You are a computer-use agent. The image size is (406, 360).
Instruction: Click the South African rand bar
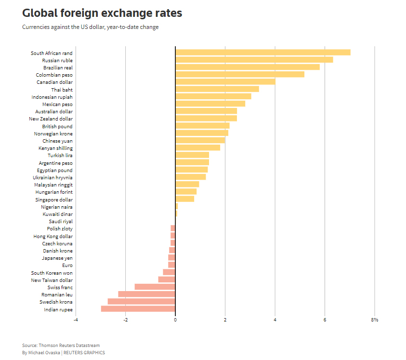click(x=263, y=53)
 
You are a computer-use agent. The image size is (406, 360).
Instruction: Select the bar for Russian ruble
click(x=254, y=60)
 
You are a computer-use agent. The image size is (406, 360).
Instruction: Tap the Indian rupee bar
click(x=138, y=309)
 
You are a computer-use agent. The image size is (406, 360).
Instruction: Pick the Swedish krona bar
click(x=142, y=302)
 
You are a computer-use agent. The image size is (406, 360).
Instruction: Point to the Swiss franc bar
click(x=155, y=287)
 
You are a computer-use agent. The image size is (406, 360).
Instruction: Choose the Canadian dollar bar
click(x=225, y=82)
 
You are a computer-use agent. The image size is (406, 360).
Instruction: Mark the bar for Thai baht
click(x=217, y=89)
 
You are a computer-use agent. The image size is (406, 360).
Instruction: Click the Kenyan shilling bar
click(x=198, y=148)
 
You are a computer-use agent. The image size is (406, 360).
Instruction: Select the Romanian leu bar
click(x=147, y=294)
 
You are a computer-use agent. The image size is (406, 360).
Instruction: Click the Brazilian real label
click(x=58, y=67)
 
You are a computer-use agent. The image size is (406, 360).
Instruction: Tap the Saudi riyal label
click(x=61, y=221)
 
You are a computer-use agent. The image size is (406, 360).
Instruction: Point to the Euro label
click(x=67, y=265)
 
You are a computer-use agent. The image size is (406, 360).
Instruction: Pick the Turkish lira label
click(x=60, y=155)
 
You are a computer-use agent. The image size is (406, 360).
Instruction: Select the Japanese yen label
click(x=57, y=258)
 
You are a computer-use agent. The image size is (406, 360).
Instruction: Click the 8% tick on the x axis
click(x=375, y=320)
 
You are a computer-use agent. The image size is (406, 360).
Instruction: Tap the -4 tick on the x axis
click(x=76, y=320)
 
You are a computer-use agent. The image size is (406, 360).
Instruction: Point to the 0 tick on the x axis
click(x=175, y=320)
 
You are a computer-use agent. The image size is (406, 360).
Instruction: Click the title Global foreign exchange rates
click(x=102, y=13)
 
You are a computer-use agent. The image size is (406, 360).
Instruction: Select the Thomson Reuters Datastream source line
click(x=61, y=345)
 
